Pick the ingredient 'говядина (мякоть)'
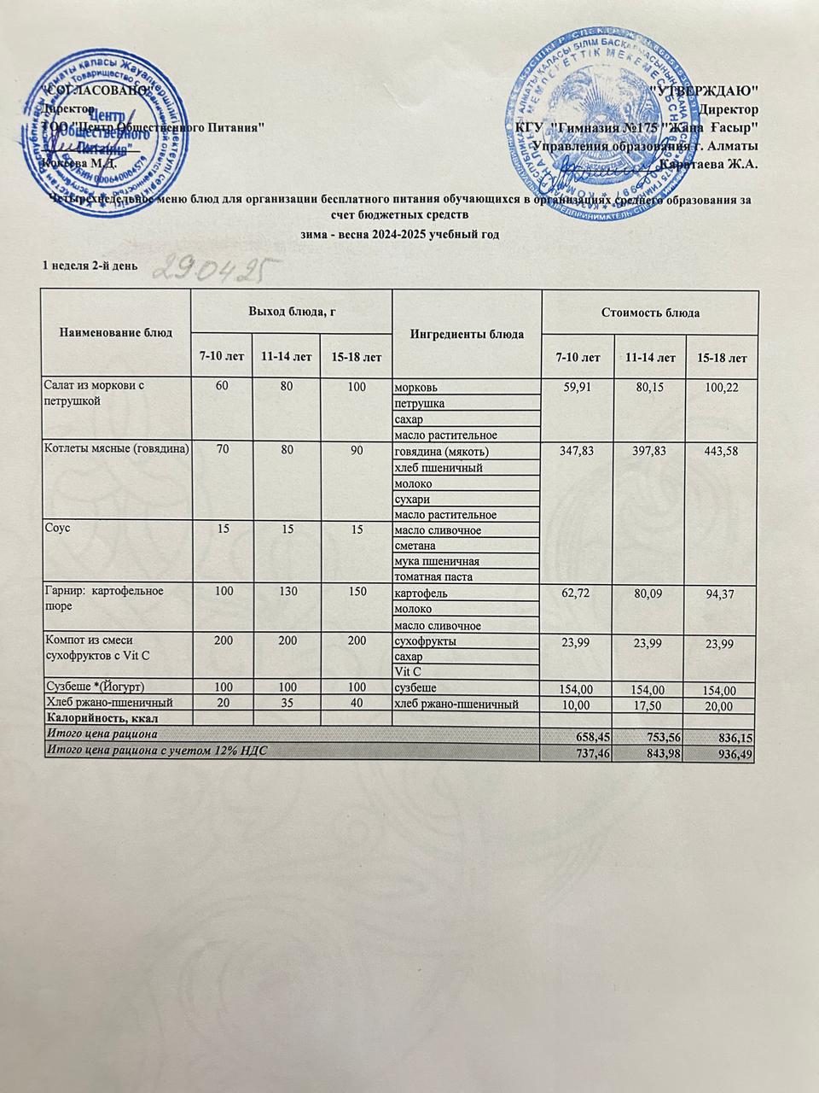(442, 451)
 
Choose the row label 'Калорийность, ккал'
(99, 718)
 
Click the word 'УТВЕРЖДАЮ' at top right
(705, 89)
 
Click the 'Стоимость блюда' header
(649, 313)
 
